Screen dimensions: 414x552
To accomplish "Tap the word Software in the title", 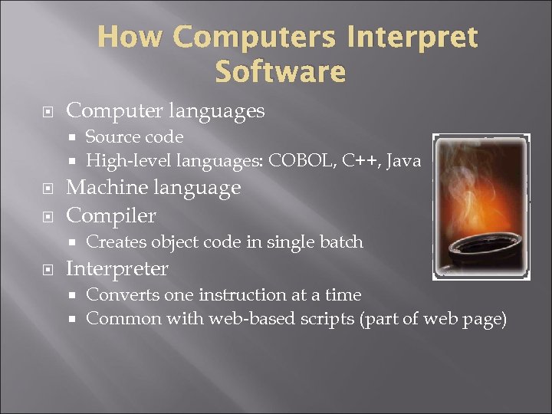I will click(x=281, y=72).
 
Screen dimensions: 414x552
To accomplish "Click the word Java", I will click(x=403, y=161).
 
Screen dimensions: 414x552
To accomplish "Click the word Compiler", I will click(x=111, y=215).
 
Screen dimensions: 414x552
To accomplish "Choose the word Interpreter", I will click(x=117, y=269).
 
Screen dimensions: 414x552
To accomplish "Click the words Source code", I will click(x=134, y=137).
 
